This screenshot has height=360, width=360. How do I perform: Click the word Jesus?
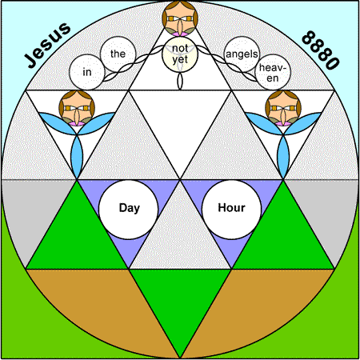click(47, 45)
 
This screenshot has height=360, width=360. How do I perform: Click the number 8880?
click(321, 50)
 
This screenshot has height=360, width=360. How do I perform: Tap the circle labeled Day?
click(129, 210)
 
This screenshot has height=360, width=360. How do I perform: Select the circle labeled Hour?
click(231, 210)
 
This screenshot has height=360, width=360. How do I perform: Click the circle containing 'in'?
click(86, 72)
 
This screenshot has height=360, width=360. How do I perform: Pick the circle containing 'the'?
click(118, 54)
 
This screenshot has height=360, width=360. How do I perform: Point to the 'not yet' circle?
click(180, 54)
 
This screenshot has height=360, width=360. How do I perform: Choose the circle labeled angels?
click(242, 54)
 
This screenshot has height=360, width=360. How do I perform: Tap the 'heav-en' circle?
click(273, 72)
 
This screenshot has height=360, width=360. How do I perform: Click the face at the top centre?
click(180, 18)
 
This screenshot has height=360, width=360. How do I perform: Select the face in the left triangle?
click(77, 108)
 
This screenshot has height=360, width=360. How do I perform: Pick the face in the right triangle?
click(283, 108)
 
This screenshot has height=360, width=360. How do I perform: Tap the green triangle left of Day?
click(77, 238)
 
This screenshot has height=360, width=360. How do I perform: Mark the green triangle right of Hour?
click(283, 238)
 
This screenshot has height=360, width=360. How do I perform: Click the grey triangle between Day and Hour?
click(180, 238)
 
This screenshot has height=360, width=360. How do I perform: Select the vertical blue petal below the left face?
click(77, 157)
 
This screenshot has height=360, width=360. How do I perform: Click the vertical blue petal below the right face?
click(283, 157)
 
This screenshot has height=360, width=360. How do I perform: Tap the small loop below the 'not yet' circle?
click(180, 81)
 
